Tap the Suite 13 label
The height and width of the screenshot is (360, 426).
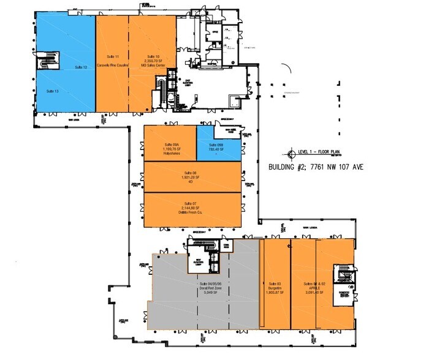[x=52, y=91]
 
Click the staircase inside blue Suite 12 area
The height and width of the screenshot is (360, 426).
[x=47, y=64]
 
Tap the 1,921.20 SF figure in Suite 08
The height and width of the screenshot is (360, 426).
[x=190, y=178]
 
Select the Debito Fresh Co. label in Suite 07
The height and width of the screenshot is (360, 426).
[x=190, y=211]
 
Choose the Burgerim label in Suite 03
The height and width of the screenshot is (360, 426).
[x=274, y=288]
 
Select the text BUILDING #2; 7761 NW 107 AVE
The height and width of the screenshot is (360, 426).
[x=316, y=166]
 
